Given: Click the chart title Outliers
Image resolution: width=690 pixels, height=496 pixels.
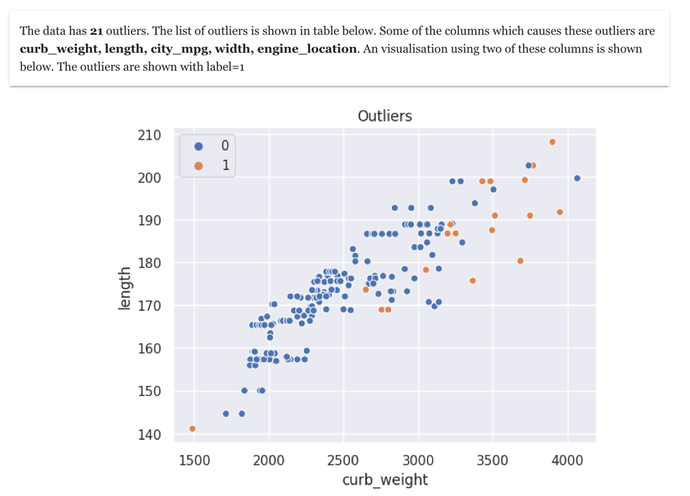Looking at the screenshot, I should click(x=385, y=116).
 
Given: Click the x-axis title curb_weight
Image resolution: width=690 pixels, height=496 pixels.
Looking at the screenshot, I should click(x=385, y=480).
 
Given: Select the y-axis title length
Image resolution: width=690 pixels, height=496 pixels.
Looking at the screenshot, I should click(x=125, y=289).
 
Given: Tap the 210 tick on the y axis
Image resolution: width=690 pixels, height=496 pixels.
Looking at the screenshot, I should click(x=149, y=135).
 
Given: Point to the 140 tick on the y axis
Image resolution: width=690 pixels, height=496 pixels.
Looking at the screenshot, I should click(x=149, y=434).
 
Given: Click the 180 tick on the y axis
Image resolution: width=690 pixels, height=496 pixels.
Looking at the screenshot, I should click(x=149, y=263).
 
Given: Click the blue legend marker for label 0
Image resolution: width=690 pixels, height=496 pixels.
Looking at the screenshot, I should click(x=199, y=146).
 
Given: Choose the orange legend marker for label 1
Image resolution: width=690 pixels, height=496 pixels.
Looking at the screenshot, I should click(x=199, y=166).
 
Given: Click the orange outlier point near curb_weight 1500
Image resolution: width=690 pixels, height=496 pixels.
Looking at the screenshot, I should click(x=193, y=429).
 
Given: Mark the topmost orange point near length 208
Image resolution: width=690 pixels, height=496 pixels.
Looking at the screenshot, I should click(x=552, y=142).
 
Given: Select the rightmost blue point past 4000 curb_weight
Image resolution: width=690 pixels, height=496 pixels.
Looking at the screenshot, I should click(x=576, y=178).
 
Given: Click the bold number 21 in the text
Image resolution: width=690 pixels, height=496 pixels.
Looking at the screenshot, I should click(x=97, y=31).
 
